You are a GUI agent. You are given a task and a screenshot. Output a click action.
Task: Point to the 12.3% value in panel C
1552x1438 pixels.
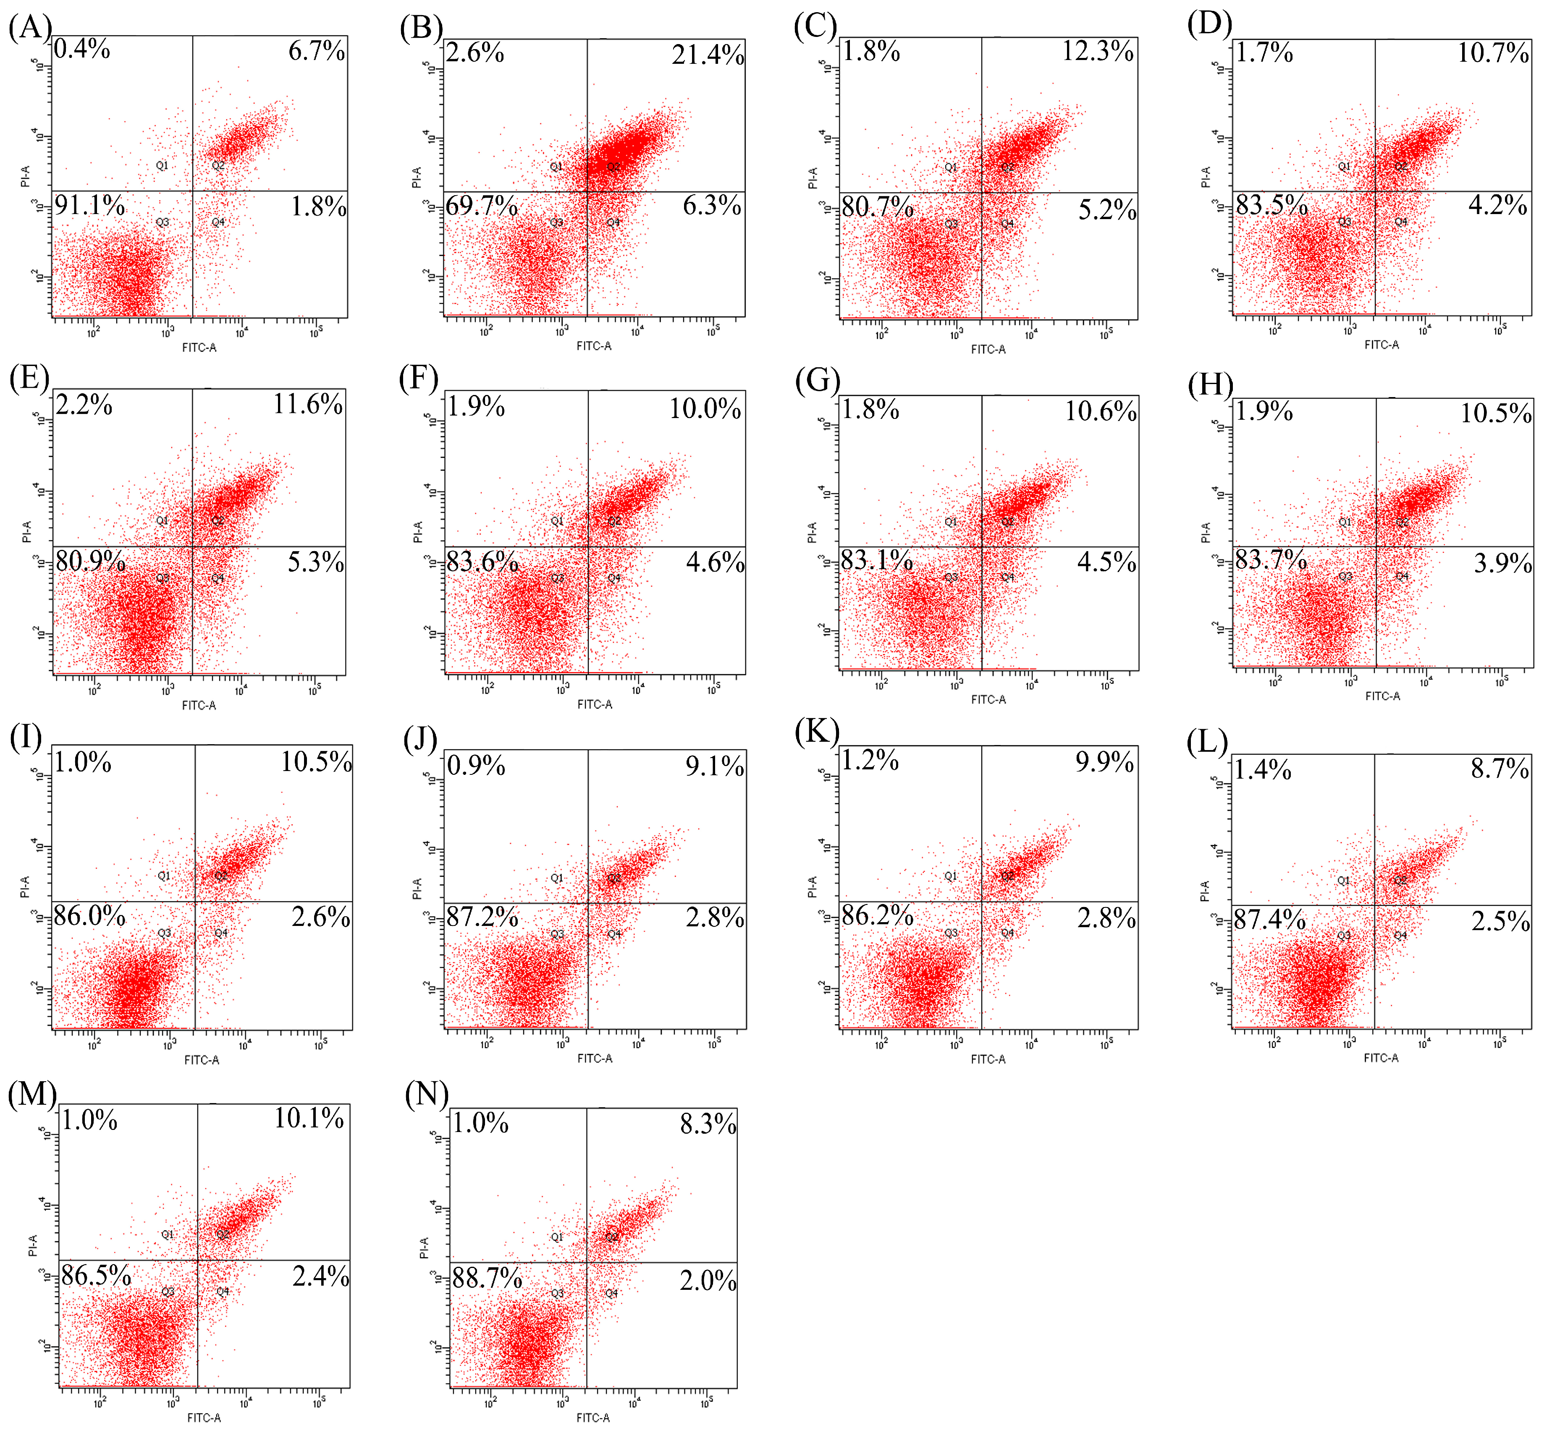(1098, 51)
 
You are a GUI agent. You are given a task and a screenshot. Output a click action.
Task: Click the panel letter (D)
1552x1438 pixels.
(1209, 25)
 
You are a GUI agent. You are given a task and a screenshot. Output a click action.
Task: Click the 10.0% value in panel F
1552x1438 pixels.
(705, 408)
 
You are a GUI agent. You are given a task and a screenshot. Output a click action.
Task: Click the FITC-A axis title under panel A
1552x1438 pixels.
(199, 348)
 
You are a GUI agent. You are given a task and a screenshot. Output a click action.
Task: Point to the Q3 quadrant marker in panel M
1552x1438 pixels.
(168, 1292)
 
